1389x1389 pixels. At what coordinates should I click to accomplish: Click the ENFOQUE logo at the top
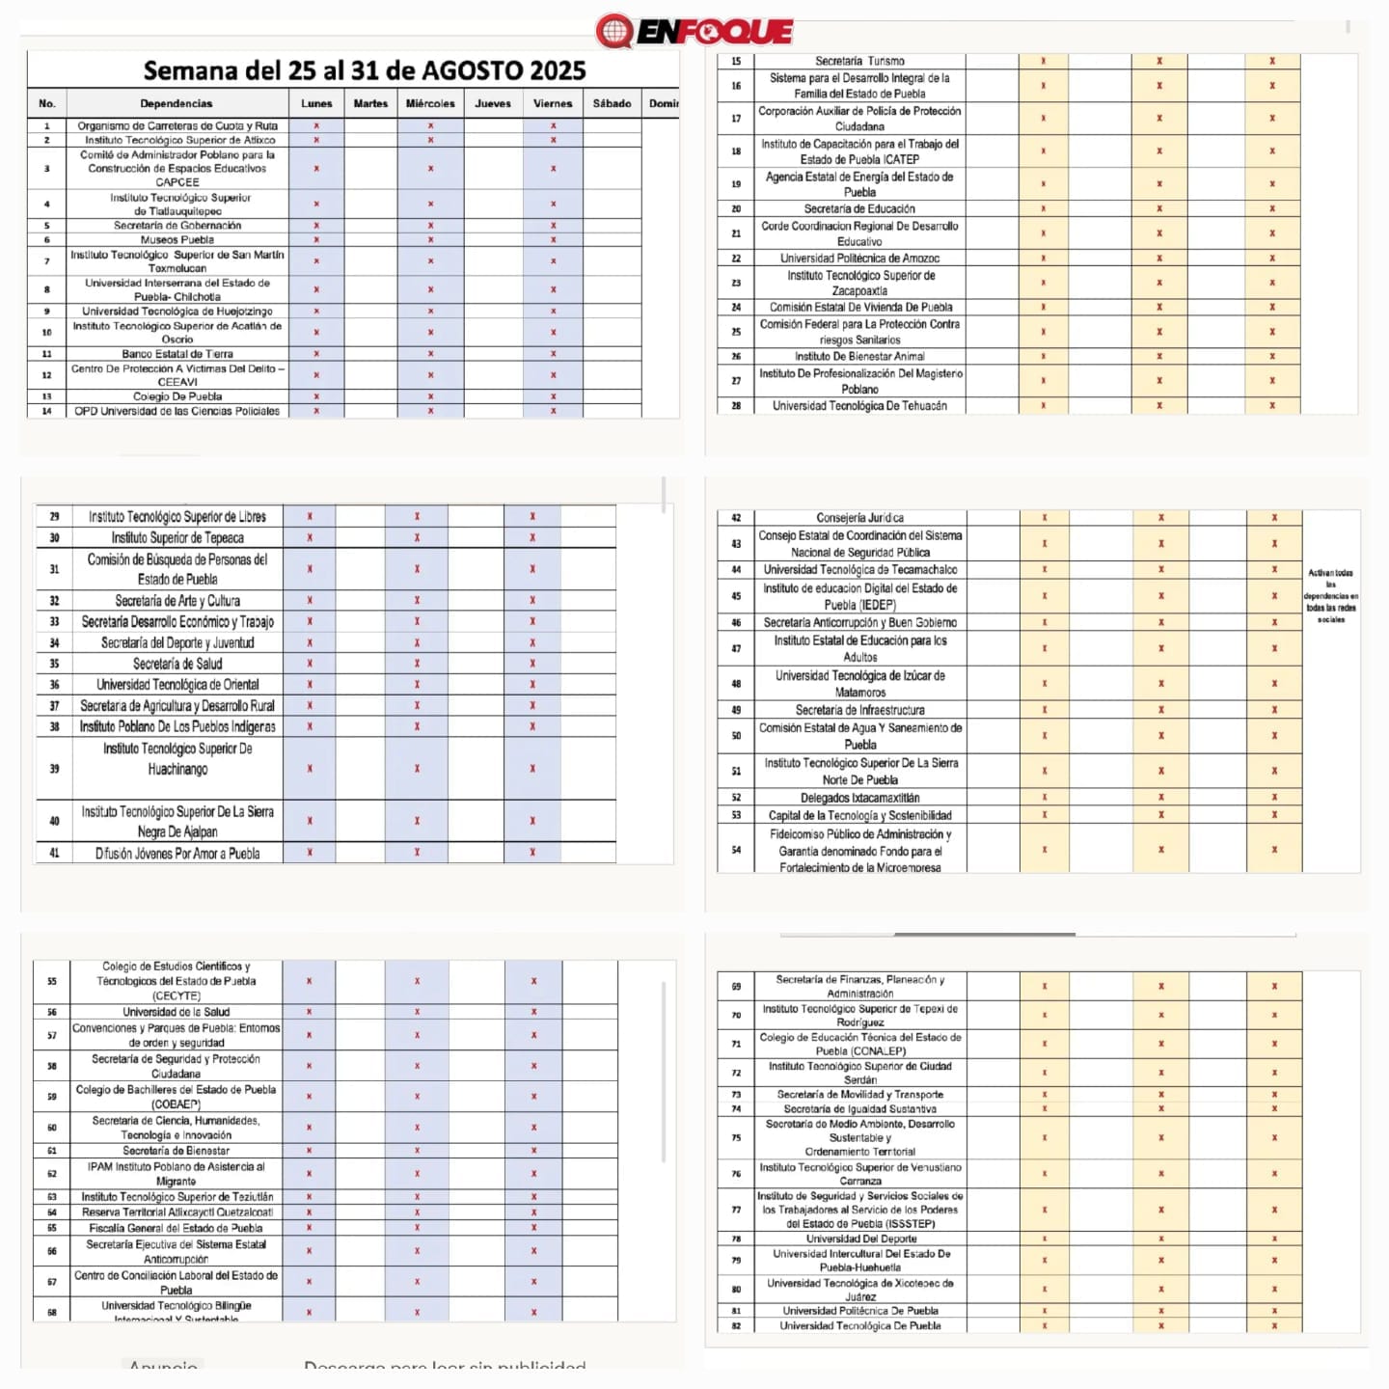point(694,31)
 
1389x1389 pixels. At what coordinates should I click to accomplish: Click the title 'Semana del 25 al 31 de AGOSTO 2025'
point(364,70)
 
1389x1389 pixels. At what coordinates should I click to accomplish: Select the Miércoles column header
point(430,103)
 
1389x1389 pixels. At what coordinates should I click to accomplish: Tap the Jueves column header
point(493,103)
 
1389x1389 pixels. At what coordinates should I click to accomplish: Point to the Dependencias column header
point(177,103)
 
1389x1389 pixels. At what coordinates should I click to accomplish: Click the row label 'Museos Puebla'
point(177,239)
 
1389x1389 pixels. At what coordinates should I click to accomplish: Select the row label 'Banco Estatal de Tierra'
point(177,354)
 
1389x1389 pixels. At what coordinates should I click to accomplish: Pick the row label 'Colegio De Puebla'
point(177,396)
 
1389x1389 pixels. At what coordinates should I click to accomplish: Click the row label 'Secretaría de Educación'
point(859,208)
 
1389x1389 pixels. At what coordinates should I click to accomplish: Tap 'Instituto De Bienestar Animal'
point(859,356)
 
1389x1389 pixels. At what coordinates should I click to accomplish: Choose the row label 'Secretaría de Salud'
point(177,664)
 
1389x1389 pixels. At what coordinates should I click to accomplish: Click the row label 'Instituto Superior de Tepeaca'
point(177,538)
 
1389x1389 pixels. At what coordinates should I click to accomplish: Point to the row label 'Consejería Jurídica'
point(859,518)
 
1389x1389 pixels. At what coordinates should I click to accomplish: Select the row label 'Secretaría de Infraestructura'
point(859,710)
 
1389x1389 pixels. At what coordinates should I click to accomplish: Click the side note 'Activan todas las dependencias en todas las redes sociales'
point(1331,596)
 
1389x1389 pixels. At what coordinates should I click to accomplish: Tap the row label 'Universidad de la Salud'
point(177,1012)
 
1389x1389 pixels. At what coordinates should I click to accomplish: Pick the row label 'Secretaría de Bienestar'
point(177,1151)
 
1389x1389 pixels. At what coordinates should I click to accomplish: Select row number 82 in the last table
point(736,1325)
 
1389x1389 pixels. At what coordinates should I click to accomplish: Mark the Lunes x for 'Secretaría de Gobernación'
point(316,226)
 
